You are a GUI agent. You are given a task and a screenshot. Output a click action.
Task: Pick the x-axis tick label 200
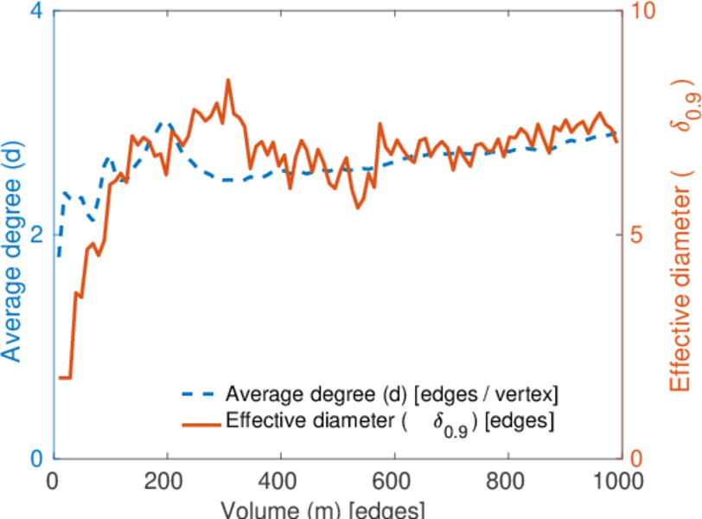pyautogui.click(x=167, y=480)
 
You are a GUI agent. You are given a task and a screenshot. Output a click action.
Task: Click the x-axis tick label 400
pyautogui.click(x=280, y=480)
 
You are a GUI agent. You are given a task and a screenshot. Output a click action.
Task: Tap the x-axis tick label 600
pyautogui.click(x=394, y=480)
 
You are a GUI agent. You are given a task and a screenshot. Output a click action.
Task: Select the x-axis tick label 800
pyautogui.click(x=507, y=480)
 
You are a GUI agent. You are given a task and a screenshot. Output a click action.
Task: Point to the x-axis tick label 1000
pyautogui.click(x=616, y=480)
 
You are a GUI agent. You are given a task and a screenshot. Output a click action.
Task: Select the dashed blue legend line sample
pyautogui.click(x=200, y=394)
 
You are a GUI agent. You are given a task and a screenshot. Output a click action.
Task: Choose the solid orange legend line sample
pyautogui.click(x=200, y=423)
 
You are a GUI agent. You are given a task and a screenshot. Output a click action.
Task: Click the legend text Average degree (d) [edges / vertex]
pyautogui.click(x=392, y=394)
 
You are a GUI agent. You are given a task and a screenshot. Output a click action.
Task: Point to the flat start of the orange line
pyautogui.click(x=64, y=378)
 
